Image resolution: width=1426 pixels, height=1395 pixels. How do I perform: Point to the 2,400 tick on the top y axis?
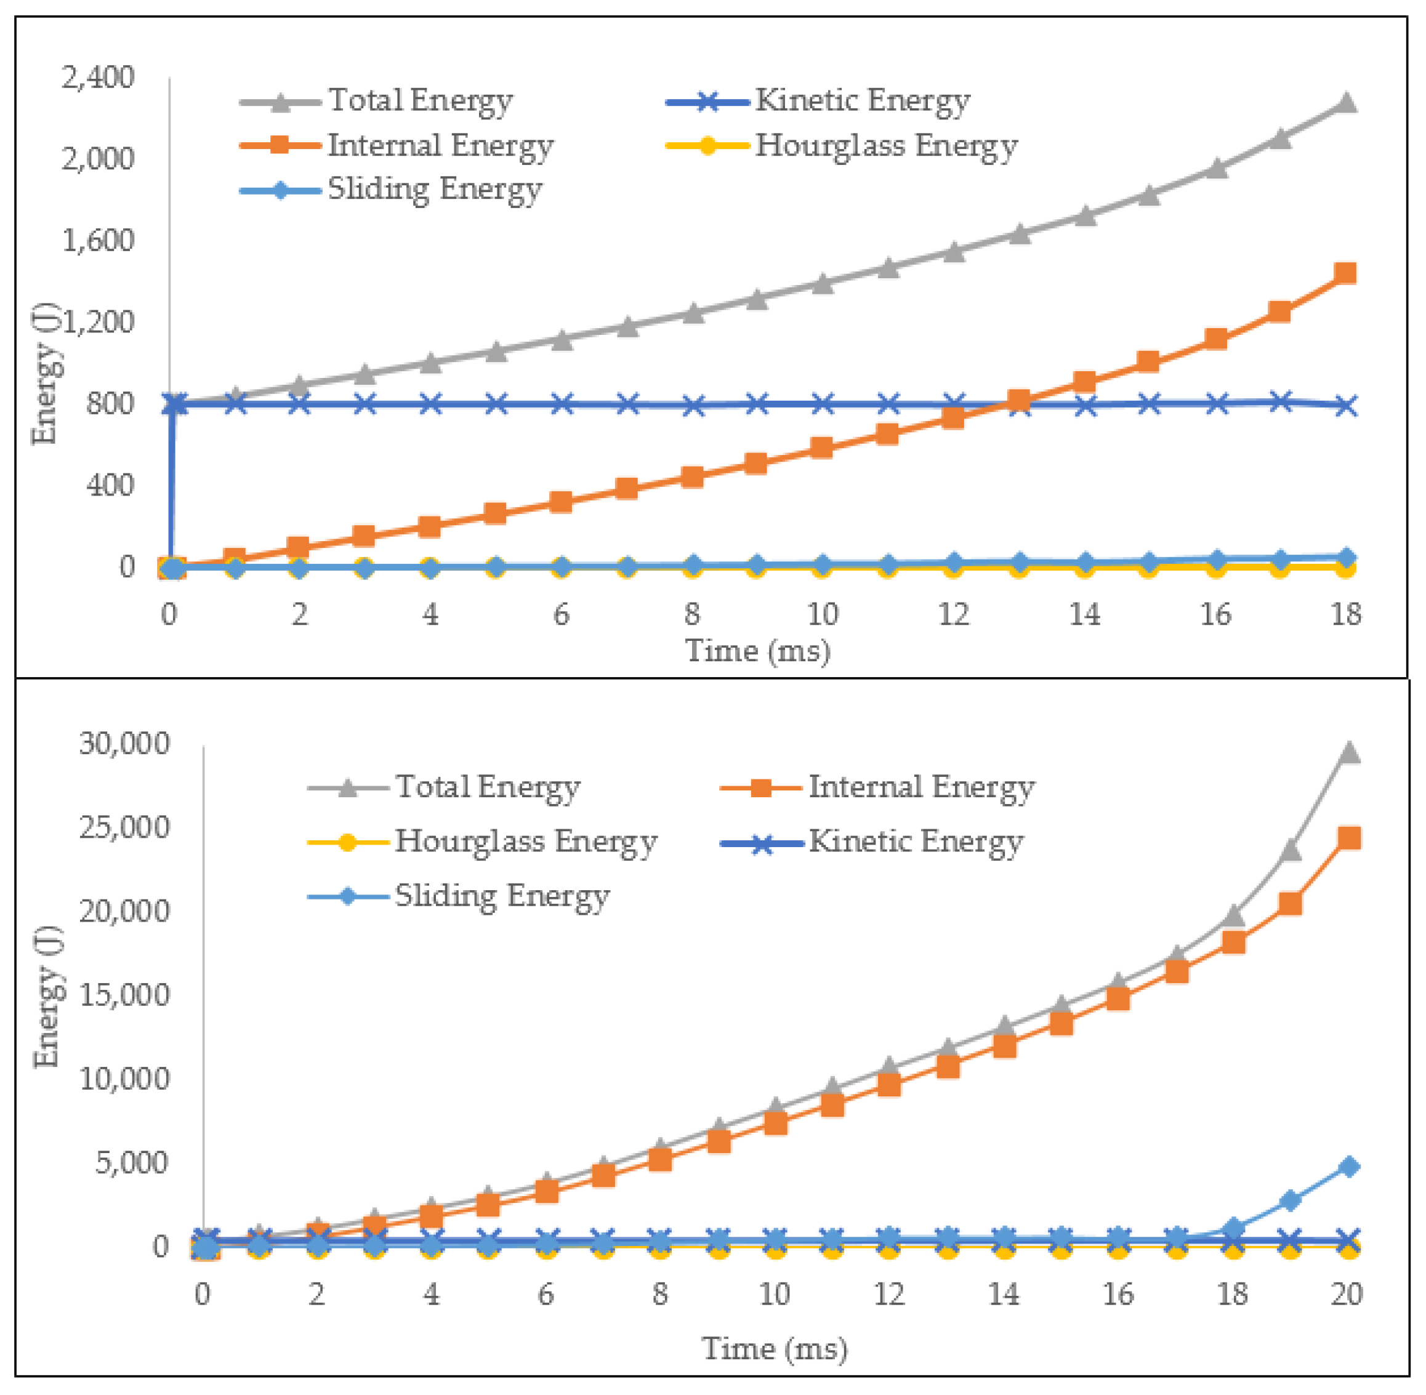tap(98, 77)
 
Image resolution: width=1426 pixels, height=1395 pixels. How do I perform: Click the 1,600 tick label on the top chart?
tap(98, 240)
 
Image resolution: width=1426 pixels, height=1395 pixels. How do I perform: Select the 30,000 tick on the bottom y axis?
tap(124, 744)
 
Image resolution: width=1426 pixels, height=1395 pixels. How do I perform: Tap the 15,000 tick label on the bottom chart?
tap(124, 995)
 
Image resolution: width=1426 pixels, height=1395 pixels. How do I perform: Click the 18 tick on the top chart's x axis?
tap(1346, 614)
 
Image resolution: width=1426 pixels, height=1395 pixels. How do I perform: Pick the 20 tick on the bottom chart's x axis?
tap(1347, 1295)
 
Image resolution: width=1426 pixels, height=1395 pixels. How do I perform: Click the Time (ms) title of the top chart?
tap(758, 651)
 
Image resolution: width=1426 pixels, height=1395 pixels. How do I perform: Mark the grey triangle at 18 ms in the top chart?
tap(1345, 103)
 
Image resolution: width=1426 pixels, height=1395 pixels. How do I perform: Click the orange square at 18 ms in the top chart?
tap(1345, 273)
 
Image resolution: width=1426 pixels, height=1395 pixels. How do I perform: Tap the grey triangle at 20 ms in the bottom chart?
tap(1349, 752)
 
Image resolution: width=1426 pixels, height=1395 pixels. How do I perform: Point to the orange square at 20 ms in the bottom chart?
tap(1349, 838)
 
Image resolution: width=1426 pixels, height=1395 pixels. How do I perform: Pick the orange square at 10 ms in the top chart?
tap(822, 448)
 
